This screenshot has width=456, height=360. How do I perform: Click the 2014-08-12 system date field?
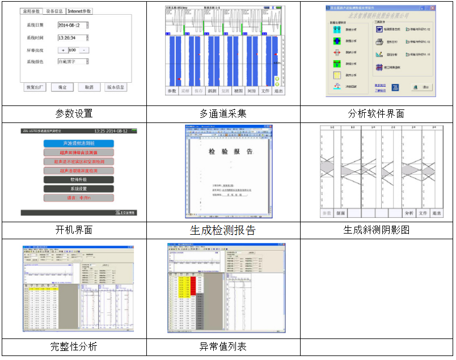(x=73, y=26)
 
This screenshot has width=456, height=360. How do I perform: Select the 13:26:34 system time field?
(x=74, y=38)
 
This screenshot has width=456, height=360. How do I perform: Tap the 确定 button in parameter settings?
(x=62, y=87)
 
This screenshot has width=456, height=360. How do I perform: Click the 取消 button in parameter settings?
(x=88, y=87)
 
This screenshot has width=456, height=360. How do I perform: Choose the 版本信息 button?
(x=116, y=87)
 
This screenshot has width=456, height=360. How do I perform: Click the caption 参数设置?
(x=74, y=113)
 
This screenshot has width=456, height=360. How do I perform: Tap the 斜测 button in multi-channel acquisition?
(x=211, y=91)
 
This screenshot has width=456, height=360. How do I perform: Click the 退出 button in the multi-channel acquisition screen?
(x=278, y=91)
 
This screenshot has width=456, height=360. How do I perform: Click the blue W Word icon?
(x=379, y=28)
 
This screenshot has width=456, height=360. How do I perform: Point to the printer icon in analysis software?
(x=379, y=41)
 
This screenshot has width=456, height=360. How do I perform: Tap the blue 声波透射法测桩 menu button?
(x=79, y=143)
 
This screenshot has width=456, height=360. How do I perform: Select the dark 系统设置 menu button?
(x=79, y=189)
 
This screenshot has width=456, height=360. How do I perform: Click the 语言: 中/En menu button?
(x=79, y=198)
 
